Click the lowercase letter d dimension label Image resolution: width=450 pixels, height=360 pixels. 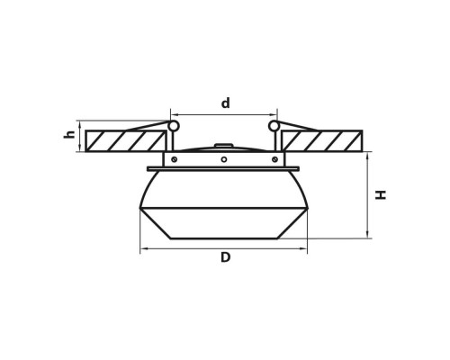[x=225, y=103]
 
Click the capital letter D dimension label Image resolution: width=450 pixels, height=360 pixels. [x=225, y=257]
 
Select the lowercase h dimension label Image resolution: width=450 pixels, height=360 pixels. [x=69, y=134]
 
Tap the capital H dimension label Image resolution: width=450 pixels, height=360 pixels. [x=381, y=194]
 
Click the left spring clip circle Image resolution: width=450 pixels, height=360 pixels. [x=173, y=126]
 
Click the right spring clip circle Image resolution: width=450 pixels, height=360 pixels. [x=274, y=126]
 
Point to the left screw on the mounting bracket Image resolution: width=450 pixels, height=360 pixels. [x=174, y=159]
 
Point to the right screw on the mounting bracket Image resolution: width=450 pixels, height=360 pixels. [x=274, y=159]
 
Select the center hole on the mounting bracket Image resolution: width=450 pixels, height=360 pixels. [x=224, y=159]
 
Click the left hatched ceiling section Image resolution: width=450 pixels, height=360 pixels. [x=125, y=140]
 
